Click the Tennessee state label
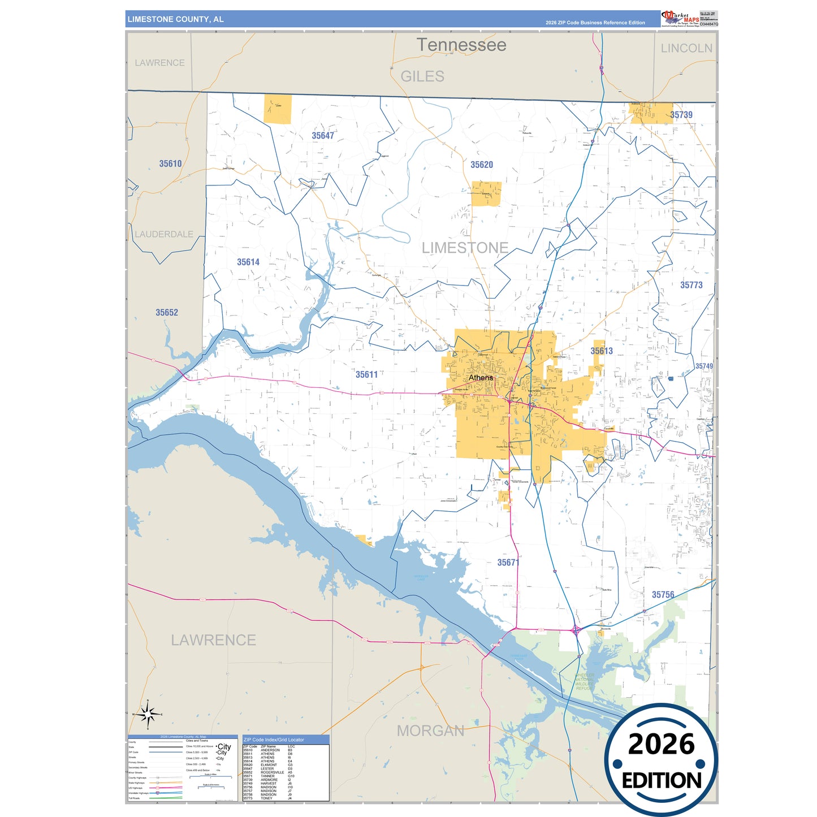(461, 45)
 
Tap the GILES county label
(422, 76)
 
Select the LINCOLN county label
(686, 48)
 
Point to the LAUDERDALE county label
(164, 234)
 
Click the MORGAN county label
(430, 730)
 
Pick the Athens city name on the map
(481, 378)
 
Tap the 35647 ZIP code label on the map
(323, 136)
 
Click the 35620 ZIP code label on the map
(482, 165)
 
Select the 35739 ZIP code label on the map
(681, 115)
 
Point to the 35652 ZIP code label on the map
(167, 313)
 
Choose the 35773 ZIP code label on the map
(691, 285)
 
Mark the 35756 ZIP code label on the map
(663, 595)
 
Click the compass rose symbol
(148, 715)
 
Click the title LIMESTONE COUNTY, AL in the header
(175, 19)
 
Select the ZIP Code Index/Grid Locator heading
(274, 740)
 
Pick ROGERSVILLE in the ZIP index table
(272, 772)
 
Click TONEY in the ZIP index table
(266, 798)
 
